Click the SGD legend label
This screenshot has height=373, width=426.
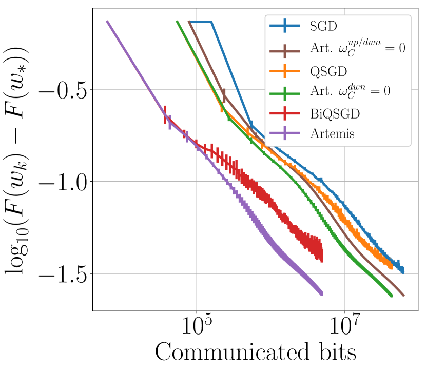click(320, 25)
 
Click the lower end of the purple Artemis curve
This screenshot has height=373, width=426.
click(321, 293)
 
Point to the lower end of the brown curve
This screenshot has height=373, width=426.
click(403, 296)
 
